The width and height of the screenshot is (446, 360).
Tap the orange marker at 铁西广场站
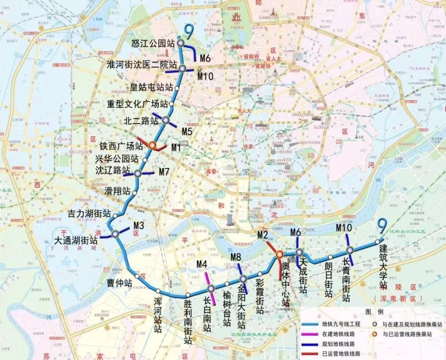(152, 146)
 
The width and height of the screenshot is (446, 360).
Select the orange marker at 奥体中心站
(279, 254)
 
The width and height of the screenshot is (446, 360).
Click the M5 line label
(187, 131)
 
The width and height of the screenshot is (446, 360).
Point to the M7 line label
(164, 172)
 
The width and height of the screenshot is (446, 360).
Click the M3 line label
(138, 225)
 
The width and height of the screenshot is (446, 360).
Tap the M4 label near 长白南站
(201, 264)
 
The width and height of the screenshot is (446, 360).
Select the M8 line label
(235, 257)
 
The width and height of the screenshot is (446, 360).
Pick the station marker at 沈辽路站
(138, 173)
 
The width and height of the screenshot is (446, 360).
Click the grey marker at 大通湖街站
(115, 234)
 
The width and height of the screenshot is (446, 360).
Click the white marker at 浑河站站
(158, 291)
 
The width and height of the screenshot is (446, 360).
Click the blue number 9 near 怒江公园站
(188, 30)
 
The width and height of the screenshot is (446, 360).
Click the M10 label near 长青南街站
(344, 228)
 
